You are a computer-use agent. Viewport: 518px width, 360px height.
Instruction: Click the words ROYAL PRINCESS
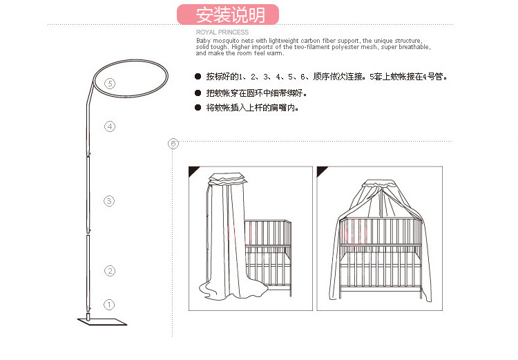[x=222, y=32]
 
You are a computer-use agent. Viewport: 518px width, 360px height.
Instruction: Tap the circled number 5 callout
[x=109, y=84]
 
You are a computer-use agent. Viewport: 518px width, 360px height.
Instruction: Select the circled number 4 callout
[x=109, y=126]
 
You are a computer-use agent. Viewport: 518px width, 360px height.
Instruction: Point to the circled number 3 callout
[x=109, y=201]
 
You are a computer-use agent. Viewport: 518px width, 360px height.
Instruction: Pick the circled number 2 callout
[x=109, y=271]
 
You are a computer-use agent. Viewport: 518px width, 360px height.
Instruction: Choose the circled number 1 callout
[x=109, y=304]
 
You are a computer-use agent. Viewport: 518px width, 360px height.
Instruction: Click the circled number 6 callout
[x=173, y=143]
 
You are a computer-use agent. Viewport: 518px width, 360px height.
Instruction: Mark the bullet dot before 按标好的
[x=198, y=76]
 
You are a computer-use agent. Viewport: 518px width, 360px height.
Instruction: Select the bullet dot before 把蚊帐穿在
[x=198, y=93]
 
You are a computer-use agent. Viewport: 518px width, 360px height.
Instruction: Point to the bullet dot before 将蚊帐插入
[x=198, y=108]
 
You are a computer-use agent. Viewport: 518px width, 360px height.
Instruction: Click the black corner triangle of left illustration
[x=194, y=171]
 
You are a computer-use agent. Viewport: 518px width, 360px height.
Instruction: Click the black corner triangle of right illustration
[x=322, y=171]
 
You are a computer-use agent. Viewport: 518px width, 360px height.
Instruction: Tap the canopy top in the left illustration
[x=226, y=178]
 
